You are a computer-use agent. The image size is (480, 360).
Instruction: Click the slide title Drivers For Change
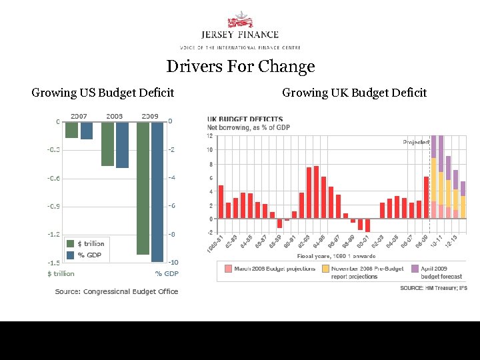240,67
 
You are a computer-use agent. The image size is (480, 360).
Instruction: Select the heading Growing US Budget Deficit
103,93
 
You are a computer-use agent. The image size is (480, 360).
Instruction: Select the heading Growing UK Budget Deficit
354,93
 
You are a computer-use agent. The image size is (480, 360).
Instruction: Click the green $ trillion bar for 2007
72,129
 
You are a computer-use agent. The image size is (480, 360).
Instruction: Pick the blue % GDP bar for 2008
122,145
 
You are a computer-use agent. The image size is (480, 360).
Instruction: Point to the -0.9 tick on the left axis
53,206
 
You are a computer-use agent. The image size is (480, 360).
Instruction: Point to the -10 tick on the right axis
171,263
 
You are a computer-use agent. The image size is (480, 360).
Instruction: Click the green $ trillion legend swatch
70,244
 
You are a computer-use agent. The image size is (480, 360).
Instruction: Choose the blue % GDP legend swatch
70,255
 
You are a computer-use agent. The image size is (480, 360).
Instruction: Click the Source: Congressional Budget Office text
117,291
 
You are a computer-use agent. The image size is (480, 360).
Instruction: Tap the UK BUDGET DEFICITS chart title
245,119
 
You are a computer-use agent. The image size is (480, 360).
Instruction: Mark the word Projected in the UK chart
416,142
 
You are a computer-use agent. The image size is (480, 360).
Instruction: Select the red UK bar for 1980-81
221,202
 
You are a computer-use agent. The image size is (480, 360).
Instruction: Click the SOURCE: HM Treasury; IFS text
433,288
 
